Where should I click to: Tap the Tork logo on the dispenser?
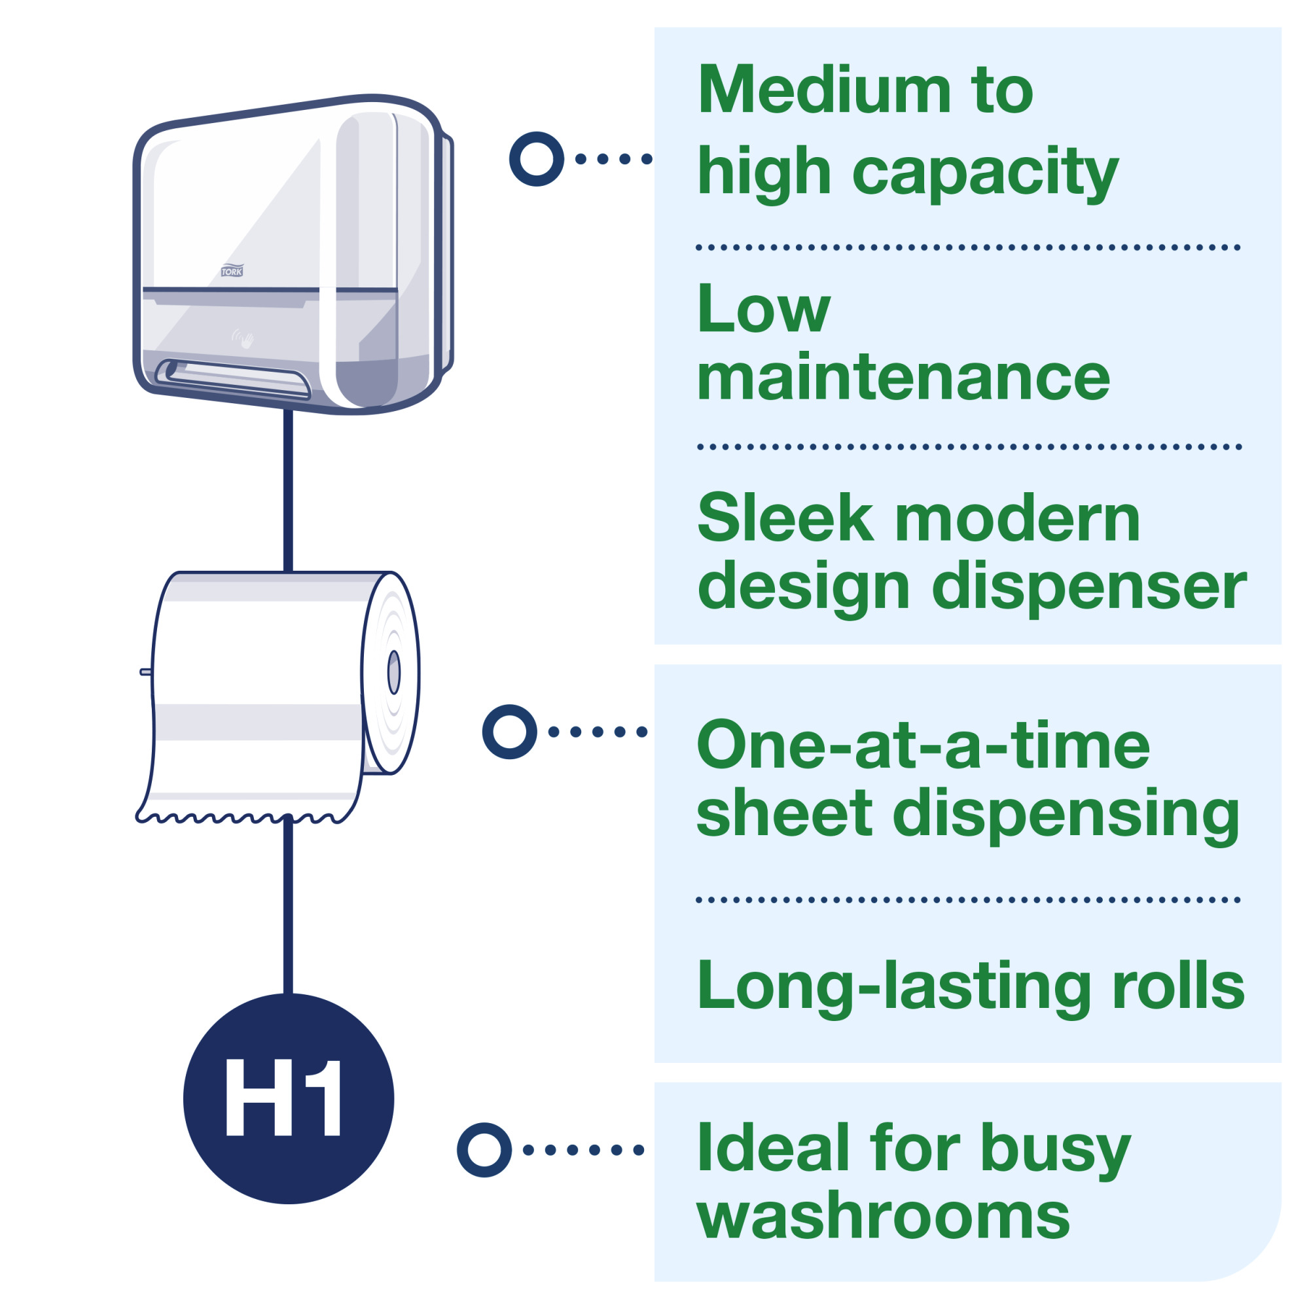click(x=232, y=271)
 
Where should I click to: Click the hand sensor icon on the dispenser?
click(x=244, y=338)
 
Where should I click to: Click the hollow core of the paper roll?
click(x=393, y=672)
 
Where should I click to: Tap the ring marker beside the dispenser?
click(x=537, y=158)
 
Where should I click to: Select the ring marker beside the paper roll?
click(x=509, y=732)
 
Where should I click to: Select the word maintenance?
click(x=903, y=378)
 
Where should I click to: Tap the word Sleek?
click(x=785, y=518)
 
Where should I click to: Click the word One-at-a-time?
click(x=923, y=745)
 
